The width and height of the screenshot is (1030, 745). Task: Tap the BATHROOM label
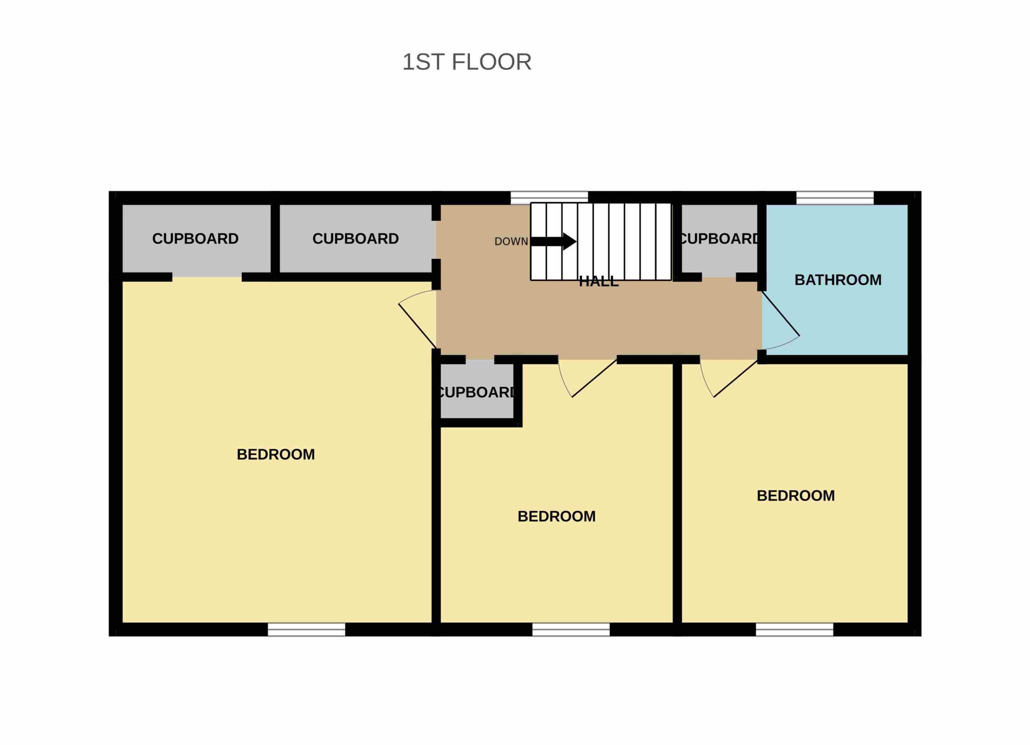[838, 280]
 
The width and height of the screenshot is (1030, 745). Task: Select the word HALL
[599, 282]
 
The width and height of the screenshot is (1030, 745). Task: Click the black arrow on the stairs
[554, 241]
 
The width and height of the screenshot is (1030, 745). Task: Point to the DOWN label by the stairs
[511, 241]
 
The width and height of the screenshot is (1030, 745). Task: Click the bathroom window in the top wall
[835, 198]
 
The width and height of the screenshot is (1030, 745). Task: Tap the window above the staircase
[549, 198]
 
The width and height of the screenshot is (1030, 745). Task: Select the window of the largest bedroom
[306, 629]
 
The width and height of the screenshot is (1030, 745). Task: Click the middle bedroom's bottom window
[571, 629]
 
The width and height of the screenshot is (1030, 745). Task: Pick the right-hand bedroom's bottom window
[794, 629]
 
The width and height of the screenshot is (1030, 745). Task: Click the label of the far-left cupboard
[195, 239]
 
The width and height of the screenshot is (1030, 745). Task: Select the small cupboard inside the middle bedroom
[477, 392]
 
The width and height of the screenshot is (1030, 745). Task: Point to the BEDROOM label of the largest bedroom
[276, 455]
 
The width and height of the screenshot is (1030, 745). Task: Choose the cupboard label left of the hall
[356, 239]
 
